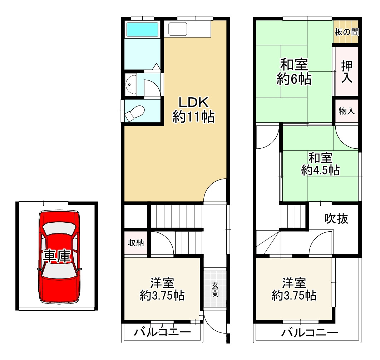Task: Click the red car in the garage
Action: click(59, 257)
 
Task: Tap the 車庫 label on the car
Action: click(57, 256)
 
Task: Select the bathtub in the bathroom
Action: click(143, 30)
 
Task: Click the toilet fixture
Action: click(134, 113)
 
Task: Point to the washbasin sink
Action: click(131, 85)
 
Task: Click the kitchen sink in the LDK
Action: click(178, 29)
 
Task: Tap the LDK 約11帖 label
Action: click(193, 110)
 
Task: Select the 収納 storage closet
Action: click(136, 243)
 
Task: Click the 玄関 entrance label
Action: click(215, 289)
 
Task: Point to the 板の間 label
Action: click(346, 32)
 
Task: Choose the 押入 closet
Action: click(346, 71)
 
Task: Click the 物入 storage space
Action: click(346, 111)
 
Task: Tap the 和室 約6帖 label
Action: click(294, 72)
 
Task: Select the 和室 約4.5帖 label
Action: click(320, 164)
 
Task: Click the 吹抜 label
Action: click(336, 219)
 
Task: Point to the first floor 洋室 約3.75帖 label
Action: click(162, 289)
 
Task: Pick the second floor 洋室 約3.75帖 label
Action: click(294, 289)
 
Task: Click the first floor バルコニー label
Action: click(163, 332)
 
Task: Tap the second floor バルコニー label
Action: click(310, 332)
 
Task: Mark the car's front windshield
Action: click(59, 229)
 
